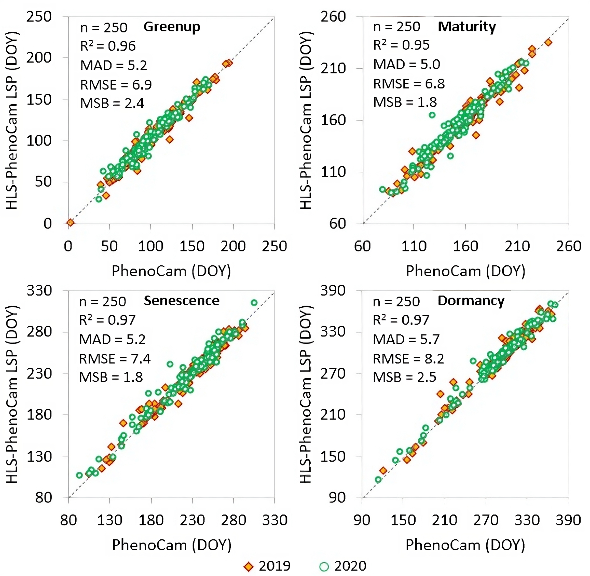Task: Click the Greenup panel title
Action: pyautogui.click(x=171, y=27)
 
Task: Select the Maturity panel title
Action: pyautogui.click(x=466, y=27)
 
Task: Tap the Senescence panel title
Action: pyautogui.click(x=181, y=301)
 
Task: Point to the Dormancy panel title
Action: pyautogui.click(x=471, y=301)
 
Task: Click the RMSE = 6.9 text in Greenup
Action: pyautogui.click(x=116, y=85)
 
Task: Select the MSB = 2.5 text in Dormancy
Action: pyautogui.click(x=404, y=377)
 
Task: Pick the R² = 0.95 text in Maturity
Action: pyautogui.click(x=401, y=45)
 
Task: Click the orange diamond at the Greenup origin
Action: pyautogui.click(x=70, y=223)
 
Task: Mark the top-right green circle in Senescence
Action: pyautogui.click(x=254, y=303)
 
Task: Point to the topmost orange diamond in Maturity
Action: pyautogui.click(x=548, y=43)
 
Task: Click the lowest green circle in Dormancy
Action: pyautogui.click(x=378, y=479)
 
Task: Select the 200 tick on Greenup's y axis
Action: pyautogui.click(x=39, y=57)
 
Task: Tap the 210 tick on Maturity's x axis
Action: pyautogui.click(x=517, y=246)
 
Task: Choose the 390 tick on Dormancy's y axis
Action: pyautogui.click(x=333, y=291)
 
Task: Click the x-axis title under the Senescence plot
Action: pyautogui.click(x=171, y=545)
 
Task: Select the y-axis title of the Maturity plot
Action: pyautogui.click(x=307, y=120)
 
